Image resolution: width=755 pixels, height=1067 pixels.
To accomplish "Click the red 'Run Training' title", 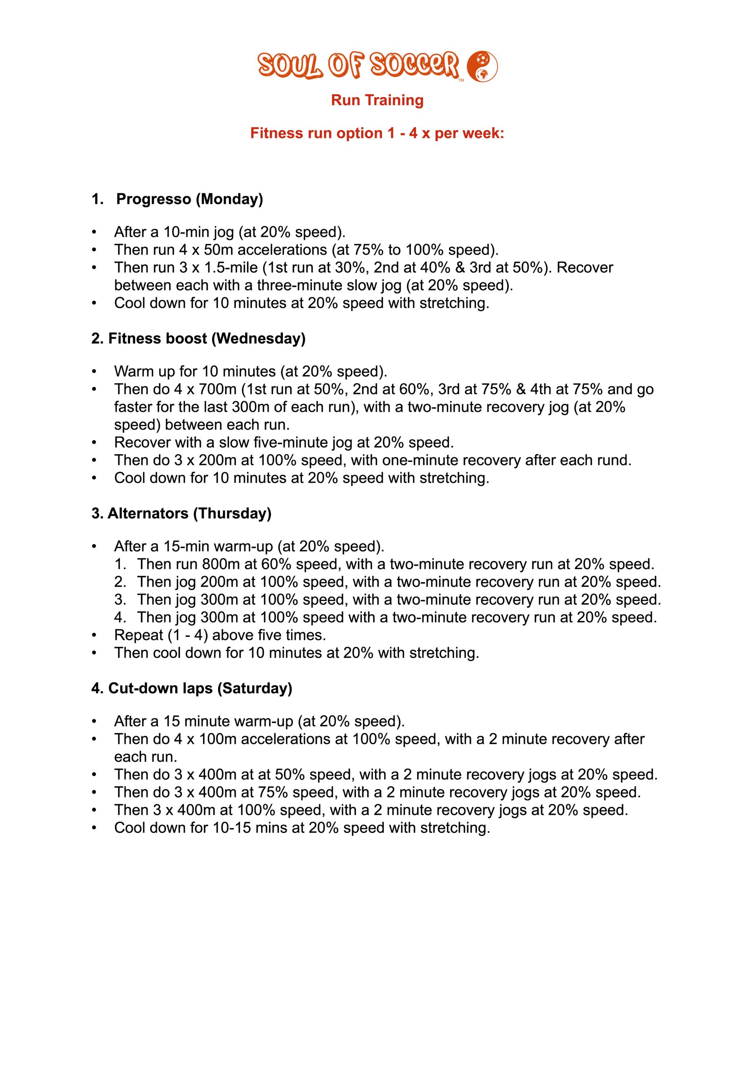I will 377,100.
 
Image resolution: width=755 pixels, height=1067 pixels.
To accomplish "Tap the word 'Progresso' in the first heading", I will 154,199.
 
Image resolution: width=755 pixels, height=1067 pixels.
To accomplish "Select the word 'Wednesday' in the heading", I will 258,339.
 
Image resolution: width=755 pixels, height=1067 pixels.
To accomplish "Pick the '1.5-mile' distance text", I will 231,268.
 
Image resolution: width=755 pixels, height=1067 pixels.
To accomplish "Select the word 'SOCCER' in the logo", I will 414,65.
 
